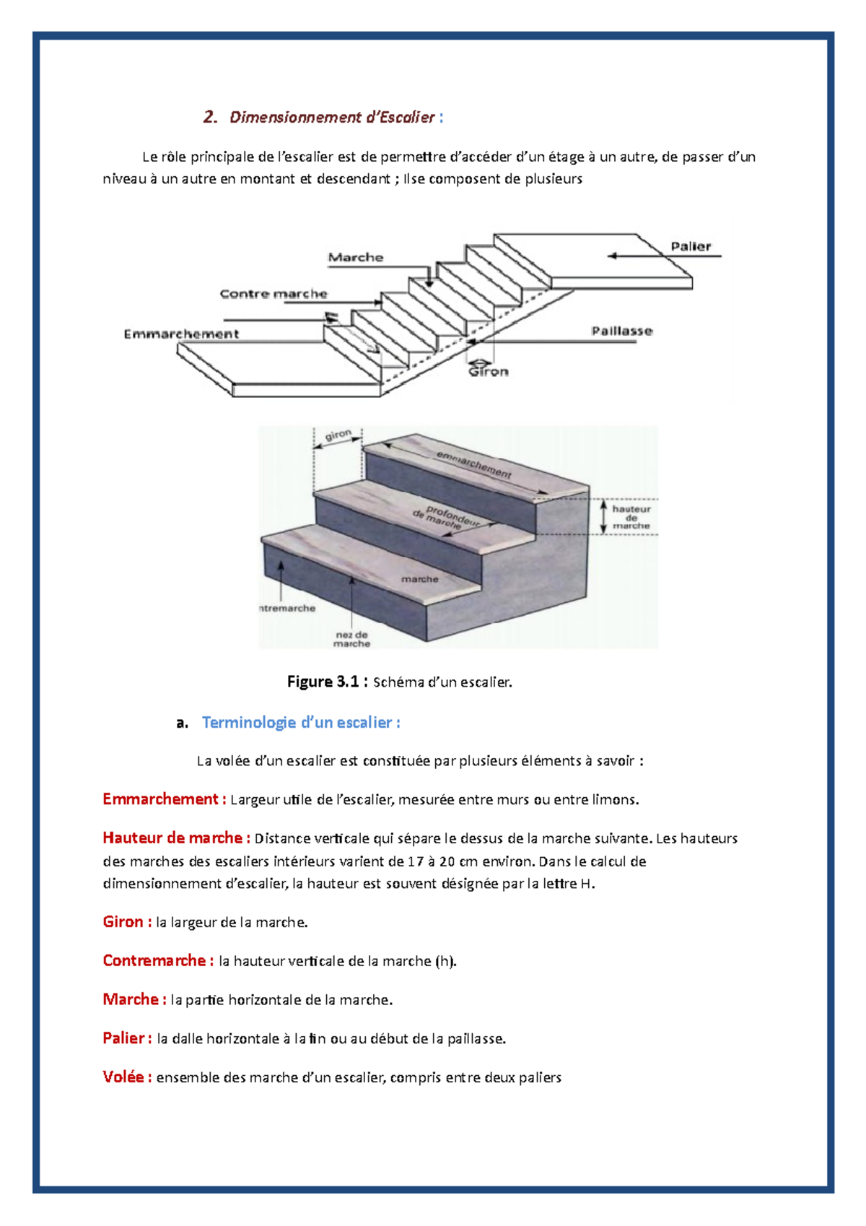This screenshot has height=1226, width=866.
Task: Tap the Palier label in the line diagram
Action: (x=691, y=246)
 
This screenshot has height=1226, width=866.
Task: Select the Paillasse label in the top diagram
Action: (x=622, y=331)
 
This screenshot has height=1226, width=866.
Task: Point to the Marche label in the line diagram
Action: (x=356, y=257)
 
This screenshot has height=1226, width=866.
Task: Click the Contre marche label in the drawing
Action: (x=274, y=294)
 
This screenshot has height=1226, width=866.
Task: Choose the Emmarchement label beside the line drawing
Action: (x=181, y=334)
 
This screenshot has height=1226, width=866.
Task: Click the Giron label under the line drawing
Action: (x=489, y=372)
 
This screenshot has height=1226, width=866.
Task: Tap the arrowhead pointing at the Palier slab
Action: (x=613, y=256)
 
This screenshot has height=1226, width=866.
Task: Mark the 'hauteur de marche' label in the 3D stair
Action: (x=631, y=517)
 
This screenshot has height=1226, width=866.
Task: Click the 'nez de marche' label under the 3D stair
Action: (x=351, y=639)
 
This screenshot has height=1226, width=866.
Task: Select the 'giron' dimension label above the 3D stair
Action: (x=338, y=435)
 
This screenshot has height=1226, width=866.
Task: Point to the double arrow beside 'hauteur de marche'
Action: (x=604, y=517)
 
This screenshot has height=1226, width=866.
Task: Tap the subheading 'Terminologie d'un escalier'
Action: (x=300, y=723)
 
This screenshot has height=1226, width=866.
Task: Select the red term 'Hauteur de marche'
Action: (x=175, y=838)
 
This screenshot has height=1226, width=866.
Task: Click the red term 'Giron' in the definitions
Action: (x=126, y=922)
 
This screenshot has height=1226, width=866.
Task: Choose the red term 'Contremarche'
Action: (x=157, y=961)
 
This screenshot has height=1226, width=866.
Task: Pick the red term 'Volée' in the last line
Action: (x=126, y=1077)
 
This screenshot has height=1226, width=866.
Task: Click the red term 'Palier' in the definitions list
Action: (x=126, y=1038)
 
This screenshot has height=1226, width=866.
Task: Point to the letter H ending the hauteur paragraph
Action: (x=585, y=884)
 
